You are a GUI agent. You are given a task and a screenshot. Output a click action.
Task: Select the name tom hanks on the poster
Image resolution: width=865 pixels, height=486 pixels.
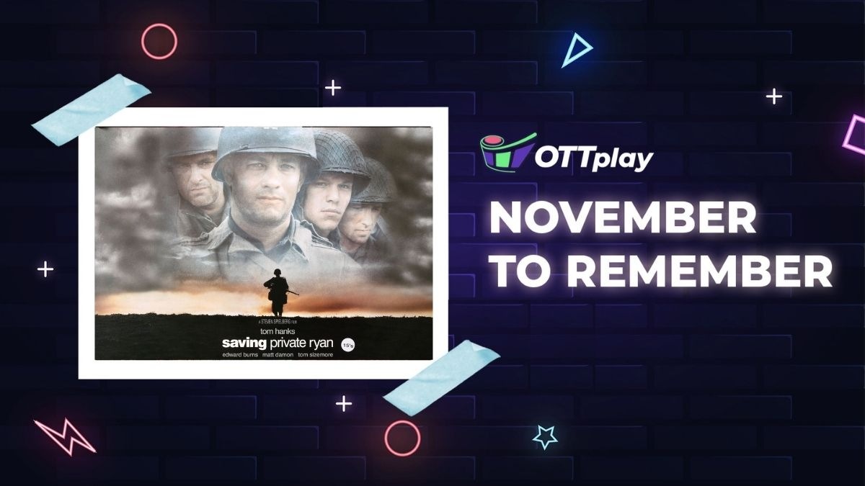pyautogui.click(x=265, y=331)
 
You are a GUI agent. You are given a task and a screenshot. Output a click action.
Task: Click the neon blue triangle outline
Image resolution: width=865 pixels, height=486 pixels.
pyautogui.click(x=575, y=50)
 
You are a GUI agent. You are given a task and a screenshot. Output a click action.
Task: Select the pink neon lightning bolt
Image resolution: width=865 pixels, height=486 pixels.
pyautogui.click(x=64, y=435)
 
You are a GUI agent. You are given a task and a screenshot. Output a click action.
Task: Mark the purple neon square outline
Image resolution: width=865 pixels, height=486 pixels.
pyautogui.click(x=855, y=134)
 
